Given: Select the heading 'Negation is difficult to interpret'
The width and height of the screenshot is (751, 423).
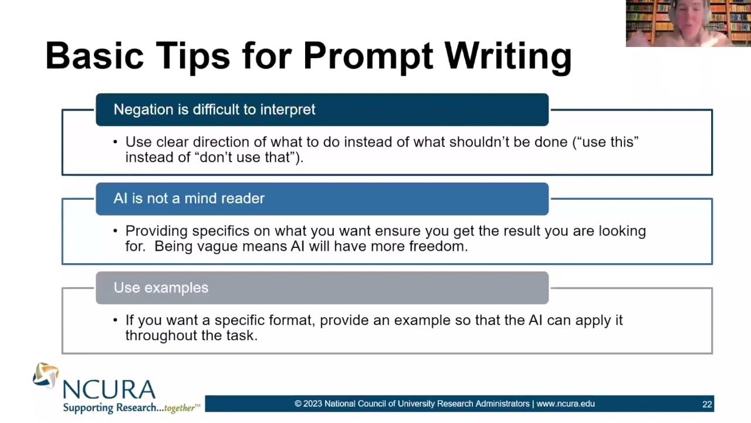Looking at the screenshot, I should pos(214,110).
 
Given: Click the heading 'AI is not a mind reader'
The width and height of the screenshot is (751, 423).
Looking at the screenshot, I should pos(189,199).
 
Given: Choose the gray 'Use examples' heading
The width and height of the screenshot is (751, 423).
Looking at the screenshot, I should pos(161,288).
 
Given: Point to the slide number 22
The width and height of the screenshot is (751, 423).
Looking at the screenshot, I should pos(707,404).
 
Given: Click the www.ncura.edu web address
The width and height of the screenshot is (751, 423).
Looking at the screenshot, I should pos(565,404).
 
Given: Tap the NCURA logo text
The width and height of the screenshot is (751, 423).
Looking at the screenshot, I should pos(109,390).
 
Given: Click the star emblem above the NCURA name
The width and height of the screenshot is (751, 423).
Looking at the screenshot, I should pos(46,375).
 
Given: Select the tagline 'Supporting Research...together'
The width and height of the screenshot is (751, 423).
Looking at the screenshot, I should pos(130,408).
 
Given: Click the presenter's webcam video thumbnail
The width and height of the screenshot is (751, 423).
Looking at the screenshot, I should pos(688,23).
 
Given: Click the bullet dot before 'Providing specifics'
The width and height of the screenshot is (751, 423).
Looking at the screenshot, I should pos(115,231).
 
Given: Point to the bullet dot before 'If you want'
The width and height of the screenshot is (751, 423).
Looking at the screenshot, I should pos(115,320).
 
